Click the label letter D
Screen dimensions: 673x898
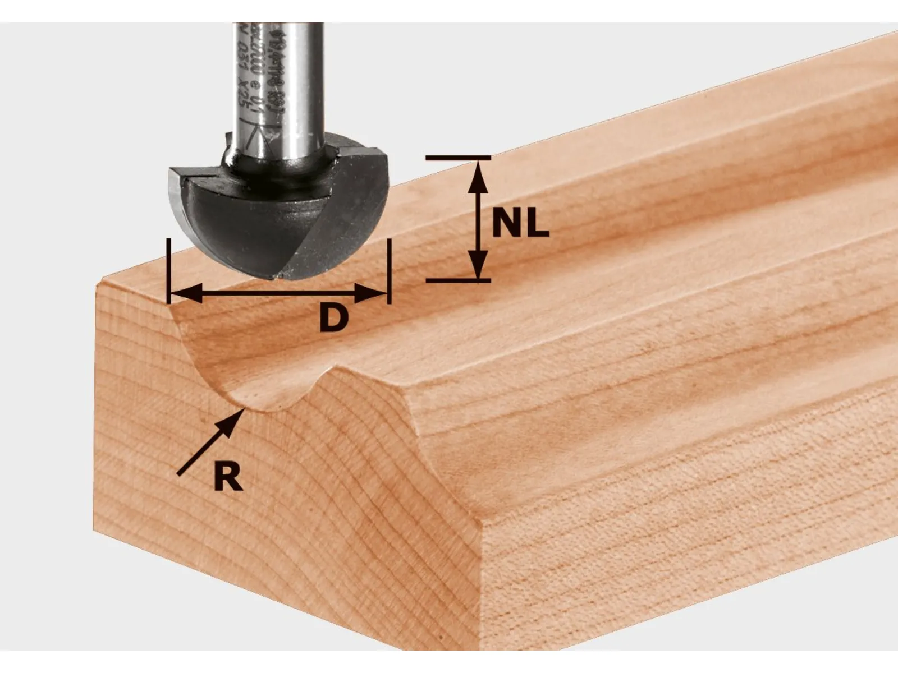(334, 318)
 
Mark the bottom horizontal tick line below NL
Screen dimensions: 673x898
(457, 279)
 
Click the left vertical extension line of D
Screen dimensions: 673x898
(168, 269)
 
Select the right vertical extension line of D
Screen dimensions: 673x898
(388, 269)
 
